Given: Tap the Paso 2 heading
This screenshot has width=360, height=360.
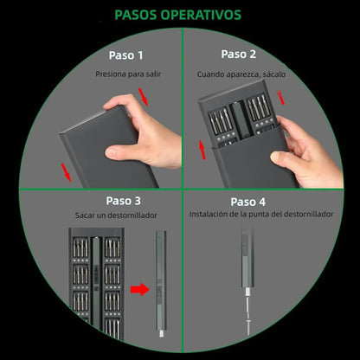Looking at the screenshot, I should pyautogui.click(x=238, y=54).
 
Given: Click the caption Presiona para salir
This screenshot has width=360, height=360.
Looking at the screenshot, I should pyautogui.click(x=128, y=75).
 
